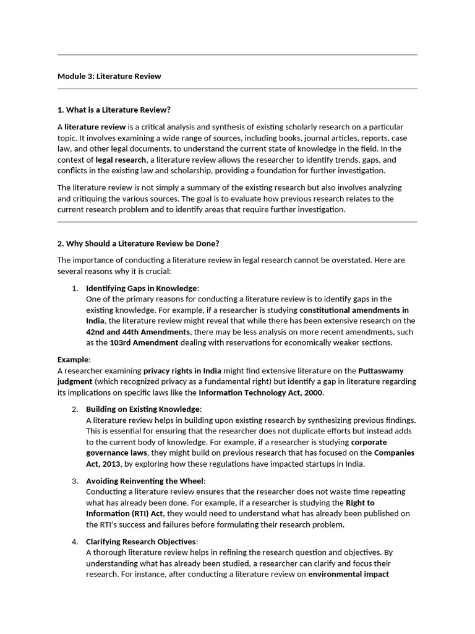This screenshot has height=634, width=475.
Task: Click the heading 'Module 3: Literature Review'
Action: coord(109,76)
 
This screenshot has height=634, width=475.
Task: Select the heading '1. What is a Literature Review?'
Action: coord(113,110)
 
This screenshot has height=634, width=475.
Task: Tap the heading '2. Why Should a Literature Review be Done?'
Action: coord(138,243)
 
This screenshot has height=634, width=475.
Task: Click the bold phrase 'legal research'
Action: coord(121,160)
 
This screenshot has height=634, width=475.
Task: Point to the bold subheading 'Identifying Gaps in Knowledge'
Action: coord(142,288)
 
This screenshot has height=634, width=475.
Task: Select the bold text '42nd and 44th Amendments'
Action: coord(129,332)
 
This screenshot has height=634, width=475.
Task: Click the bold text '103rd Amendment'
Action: coord(144,343)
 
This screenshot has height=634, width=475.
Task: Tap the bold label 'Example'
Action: coord(74,359)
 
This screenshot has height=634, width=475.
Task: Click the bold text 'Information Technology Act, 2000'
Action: coord(261,393)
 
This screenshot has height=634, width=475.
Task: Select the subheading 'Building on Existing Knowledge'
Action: coord(143,409)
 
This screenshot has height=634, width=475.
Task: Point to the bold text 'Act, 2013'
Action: coord(103,464)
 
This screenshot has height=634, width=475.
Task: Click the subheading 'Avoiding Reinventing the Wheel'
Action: coord(145,481)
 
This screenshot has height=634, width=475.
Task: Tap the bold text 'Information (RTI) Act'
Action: coord(124,514)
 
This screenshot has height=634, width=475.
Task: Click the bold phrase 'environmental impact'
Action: coord(349,574)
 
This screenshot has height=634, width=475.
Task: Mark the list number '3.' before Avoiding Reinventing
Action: coord(74,481)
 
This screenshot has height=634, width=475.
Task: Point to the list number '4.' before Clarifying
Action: coord(74,542)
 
